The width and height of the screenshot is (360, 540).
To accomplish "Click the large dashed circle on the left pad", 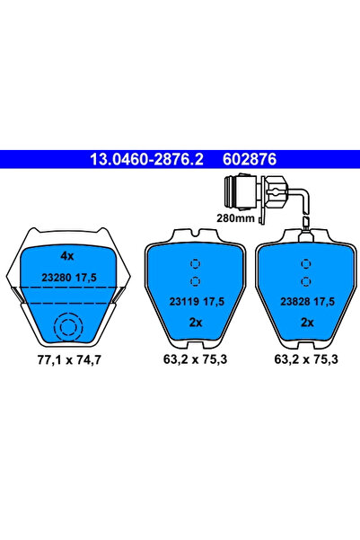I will (66, 329).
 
